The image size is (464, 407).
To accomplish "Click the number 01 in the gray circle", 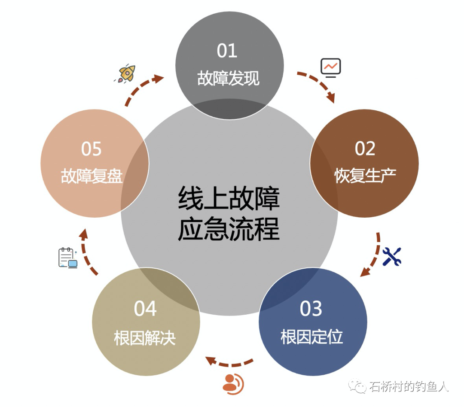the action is tap(227, 51).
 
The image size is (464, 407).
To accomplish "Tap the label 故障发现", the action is tap(228, 79).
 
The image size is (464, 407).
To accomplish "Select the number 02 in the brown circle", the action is tap(365, 149).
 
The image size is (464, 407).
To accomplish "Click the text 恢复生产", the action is tap(365, 176).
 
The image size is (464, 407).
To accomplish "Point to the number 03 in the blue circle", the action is tap(311, 309).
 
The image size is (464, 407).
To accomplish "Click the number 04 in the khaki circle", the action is tap(145, 309).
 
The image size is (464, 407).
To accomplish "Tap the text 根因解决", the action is tap(145, 337).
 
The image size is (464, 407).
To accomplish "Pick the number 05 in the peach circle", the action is tap(91, 149).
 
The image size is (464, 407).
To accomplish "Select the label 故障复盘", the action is tap(92, 176).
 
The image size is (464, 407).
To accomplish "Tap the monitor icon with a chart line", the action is tap(330, 67).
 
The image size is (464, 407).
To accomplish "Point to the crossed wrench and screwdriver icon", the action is tap(391, 256).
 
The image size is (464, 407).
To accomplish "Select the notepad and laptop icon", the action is tap(68, 258).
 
